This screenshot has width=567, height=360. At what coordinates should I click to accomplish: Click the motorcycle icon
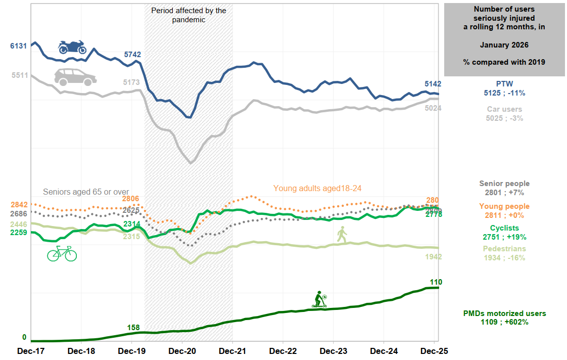click(72, 47)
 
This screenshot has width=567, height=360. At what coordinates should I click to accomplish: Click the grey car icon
click(75, 77)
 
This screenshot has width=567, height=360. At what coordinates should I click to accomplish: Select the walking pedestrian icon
click(342, 234)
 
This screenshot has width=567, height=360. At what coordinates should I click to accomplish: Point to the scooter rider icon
click(319, 299)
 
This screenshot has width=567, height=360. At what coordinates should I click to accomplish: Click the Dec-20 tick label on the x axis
click(182, 350)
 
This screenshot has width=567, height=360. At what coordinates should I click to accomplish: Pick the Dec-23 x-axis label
click(334, 350)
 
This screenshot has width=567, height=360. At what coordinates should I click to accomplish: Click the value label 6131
click(18, 46)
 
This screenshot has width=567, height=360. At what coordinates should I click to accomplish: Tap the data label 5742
click(132, 54)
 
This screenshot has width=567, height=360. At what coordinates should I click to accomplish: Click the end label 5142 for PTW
click(433, 84)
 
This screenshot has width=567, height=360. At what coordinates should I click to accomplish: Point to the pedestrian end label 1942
click(433, 257)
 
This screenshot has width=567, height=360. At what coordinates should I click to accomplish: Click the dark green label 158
click(133, 328)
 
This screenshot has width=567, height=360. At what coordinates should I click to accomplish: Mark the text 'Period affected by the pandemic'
click(188, 15)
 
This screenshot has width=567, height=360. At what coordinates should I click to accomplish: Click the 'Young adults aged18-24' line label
click(317, 188)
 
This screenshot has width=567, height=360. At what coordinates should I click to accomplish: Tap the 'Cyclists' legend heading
click(504, 228)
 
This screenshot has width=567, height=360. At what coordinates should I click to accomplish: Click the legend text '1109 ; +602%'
click(504, 322)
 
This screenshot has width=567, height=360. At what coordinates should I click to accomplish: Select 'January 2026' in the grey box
click(504, 45)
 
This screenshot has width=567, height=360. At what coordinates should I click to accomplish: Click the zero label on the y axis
click(24, 337)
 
